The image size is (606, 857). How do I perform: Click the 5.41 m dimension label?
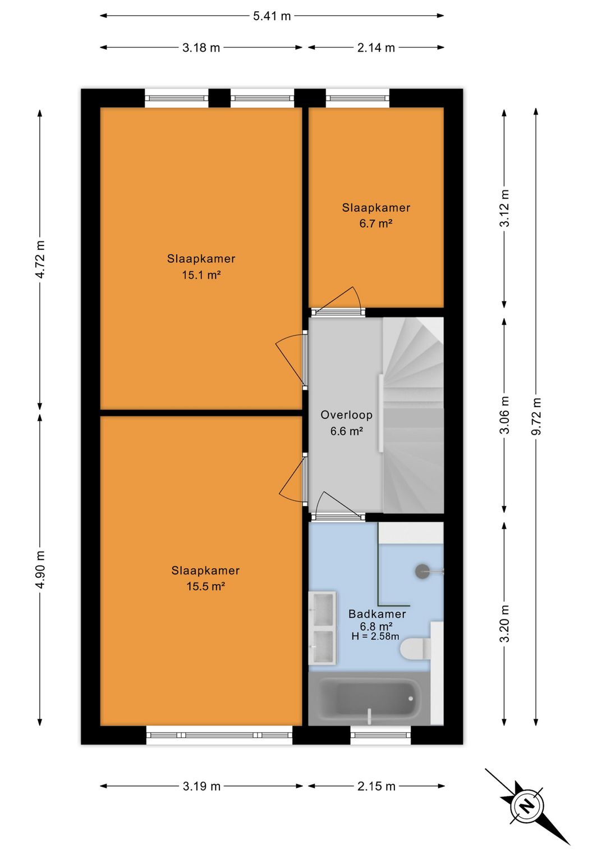pyautogui.click(x=272, y=16)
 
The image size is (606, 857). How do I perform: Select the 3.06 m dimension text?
pyautogui.click(x=504, y=415)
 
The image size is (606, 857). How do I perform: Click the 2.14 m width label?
pyautogui.click(x=376, y=48)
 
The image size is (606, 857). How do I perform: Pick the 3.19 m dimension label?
pyautogui.click(x=201, y=786)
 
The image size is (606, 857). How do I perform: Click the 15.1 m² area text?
pyautogui.click(x=201, y=275)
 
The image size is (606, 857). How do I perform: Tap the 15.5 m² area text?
pyautogui.click(x=205, y=586)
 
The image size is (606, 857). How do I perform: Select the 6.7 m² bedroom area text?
pyautogui.click(x=376, y=224)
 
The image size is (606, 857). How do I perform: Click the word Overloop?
pyautogui.click(x=346, y=414)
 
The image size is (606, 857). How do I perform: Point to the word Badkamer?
pyautogui.click(x=377, y=614)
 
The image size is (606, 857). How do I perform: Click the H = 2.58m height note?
pyautogui.click(x=375, y=636)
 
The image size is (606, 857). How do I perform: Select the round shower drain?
pyautogui.click(x=423, y=571)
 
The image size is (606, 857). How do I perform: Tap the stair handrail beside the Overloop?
pyautogui.click(x=381, y=413)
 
